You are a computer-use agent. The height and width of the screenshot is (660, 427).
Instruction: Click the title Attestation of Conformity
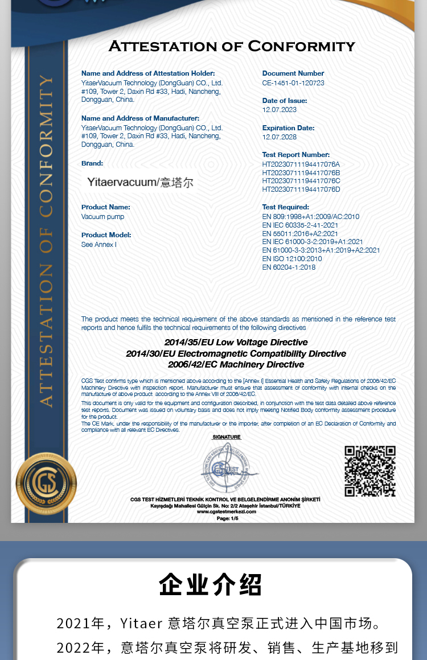pyautogui.click(x=232, y=46)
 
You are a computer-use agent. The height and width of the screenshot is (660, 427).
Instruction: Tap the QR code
pyautogui.click(x=369, y=471)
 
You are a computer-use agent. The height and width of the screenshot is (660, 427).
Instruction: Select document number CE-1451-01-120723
pyautogui.click(x=293, y=82)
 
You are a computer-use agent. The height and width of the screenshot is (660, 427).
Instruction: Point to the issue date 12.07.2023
pyautogui.click(x=280, y=110)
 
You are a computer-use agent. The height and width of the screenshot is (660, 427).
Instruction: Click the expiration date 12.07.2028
pyautogui.click(x=280, y=137)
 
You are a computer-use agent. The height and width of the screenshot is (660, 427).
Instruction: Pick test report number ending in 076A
pyautogui.click(x=301, y=164)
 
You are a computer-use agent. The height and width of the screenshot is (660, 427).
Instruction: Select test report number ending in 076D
pyautogui.click(x=301, y=189)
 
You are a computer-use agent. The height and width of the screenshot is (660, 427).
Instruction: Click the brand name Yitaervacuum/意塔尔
pyautogui.click(x=141, y=183)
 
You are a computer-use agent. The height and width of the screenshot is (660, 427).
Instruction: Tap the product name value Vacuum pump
pyautogui.click(x=102, y=217)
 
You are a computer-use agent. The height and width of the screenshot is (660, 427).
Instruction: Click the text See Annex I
pyautogui.click(x=99, y=245)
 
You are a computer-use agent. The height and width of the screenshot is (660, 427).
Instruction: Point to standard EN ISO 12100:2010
pyautogui.click(x=292, y=259)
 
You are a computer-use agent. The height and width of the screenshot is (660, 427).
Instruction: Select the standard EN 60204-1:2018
pyautogui.click(x=289, y=267)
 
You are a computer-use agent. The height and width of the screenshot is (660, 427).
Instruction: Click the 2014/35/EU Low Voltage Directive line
pyautogui.click(x=236, y=343)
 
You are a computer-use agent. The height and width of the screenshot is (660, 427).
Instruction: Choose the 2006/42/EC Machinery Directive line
pyautogui.click(x=236, y=365)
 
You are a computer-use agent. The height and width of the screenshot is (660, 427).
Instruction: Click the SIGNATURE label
pyautogui.click(x=227, y=437)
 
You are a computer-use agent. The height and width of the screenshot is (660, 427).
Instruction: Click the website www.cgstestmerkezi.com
pyautogui.click(x=227, y=511)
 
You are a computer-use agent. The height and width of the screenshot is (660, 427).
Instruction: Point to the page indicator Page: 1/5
pyautogui.click(x=227, y=518)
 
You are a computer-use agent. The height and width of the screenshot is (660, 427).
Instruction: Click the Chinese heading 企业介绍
pyautogui.click(x=211, y=584)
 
